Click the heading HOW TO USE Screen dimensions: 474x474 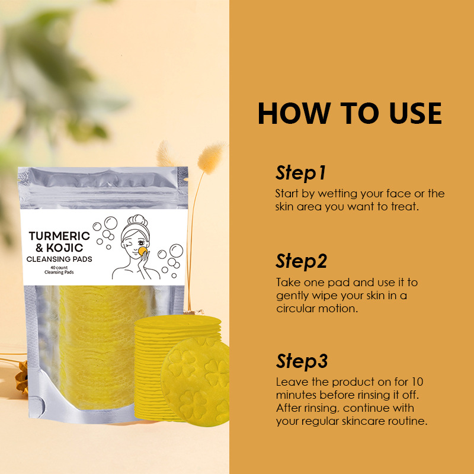pos(350,113)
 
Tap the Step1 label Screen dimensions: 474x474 pos(301,173)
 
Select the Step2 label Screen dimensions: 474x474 pos(302,261)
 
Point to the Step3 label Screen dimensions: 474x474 pos(302,361)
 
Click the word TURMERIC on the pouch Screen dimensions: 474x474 pos(60,236)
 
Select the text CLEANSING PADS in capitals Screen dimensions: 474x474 pos(59,259)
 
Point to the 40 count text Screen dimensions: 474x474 pos(59,268)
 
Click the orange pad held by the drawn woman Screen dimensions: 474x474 pos(143,251)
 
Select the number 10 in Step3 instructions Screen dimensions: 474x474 pos(417,382)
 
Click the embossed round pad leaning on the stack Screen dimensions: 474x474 pos(196,382)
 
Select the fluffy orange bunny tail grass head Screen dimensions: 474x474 pos(210,158)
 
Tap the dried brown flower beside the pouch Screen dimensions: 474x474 pos(23,377)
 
